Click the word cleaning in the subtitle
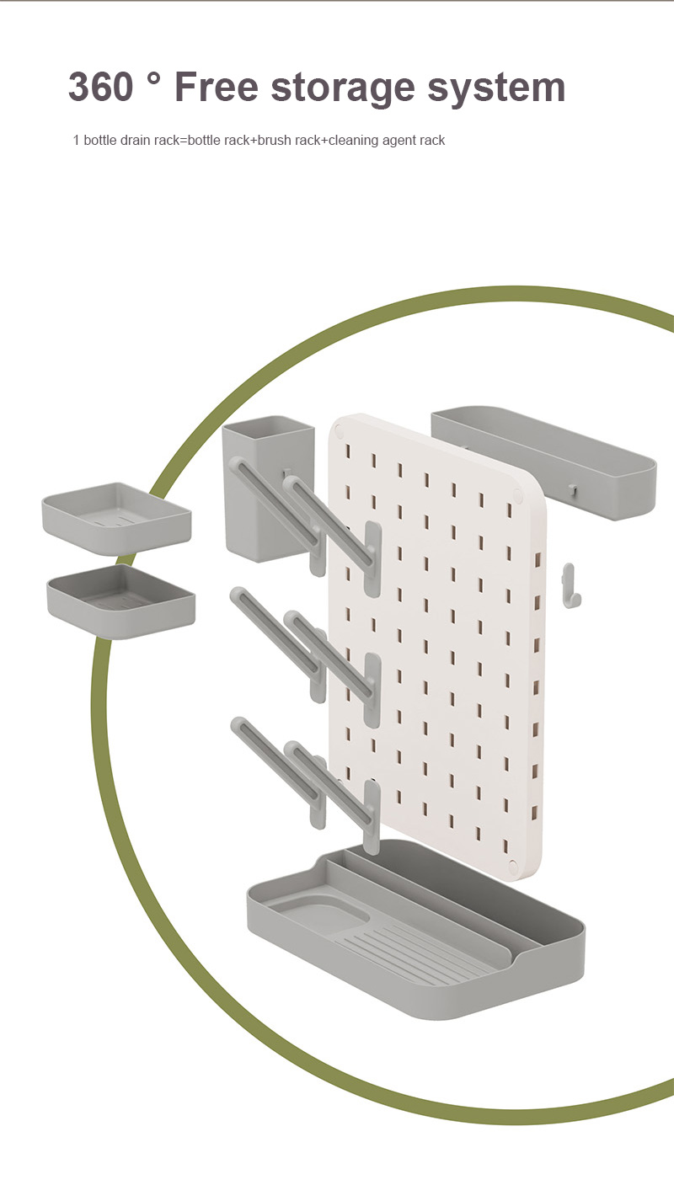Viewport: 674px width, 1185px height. click(x=353, y=140)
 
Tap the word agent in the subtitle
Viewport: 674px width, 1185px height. click(x=399, y=141)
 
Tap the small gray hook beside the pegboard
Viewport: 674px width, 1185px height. click(x=570, y=585)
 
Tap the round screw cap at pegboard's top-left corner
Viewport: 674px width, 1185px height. click(x=340, y=430)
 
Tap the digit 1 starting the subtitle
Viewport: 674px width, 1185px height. click(x=76, y=140)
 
